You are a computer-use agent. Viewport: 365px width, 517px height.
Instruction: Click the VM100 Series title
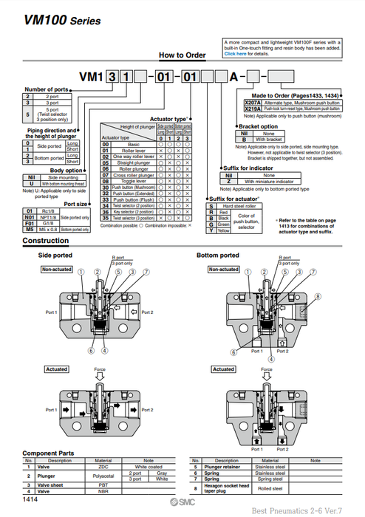(53, 20)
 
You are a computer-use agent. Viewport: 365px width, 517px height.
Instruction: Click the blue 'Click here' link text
(235, 54)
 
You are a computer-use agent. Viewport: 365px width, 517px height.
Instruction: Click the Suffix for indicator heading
(251, 168)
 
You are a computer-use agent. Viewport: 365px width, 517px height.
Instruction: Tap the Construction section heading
(46, 242)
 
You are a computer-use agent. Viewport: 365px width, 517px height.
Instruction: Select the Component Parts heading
(50, 453)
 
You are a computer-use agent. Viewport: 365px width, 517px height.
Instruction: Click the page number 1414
(30, 500)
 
